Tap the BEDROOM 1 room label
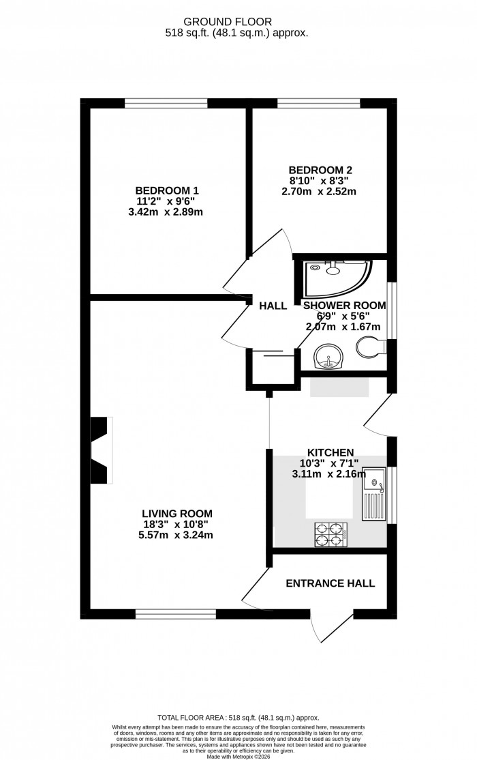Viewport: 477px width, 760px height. click(167, 190)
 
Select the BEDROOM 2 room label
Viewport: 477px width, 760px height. click(320, 170)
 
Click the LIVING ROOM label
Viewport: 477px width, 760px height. click(177, 513)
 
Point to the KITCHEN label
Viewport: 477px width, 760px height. click(330, 452)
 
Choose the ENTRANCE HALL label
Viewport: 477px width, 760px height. click(330, 583)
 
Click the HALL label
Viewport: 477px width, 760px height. click(273, 306)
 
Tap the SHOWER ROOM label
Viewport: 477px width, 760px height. click(345, 306)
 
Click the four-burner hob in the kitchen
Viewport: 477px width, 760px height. click(330, 534)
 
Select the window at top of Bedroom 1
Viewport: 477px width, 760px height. click(166, 104)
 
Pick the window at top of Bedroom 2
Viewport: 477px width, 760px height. click(318, 104)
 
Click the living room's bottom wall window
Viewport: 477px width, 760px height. click(175, 614)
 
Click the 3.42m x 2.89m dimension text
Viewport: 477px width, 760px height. click(167, 212)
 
